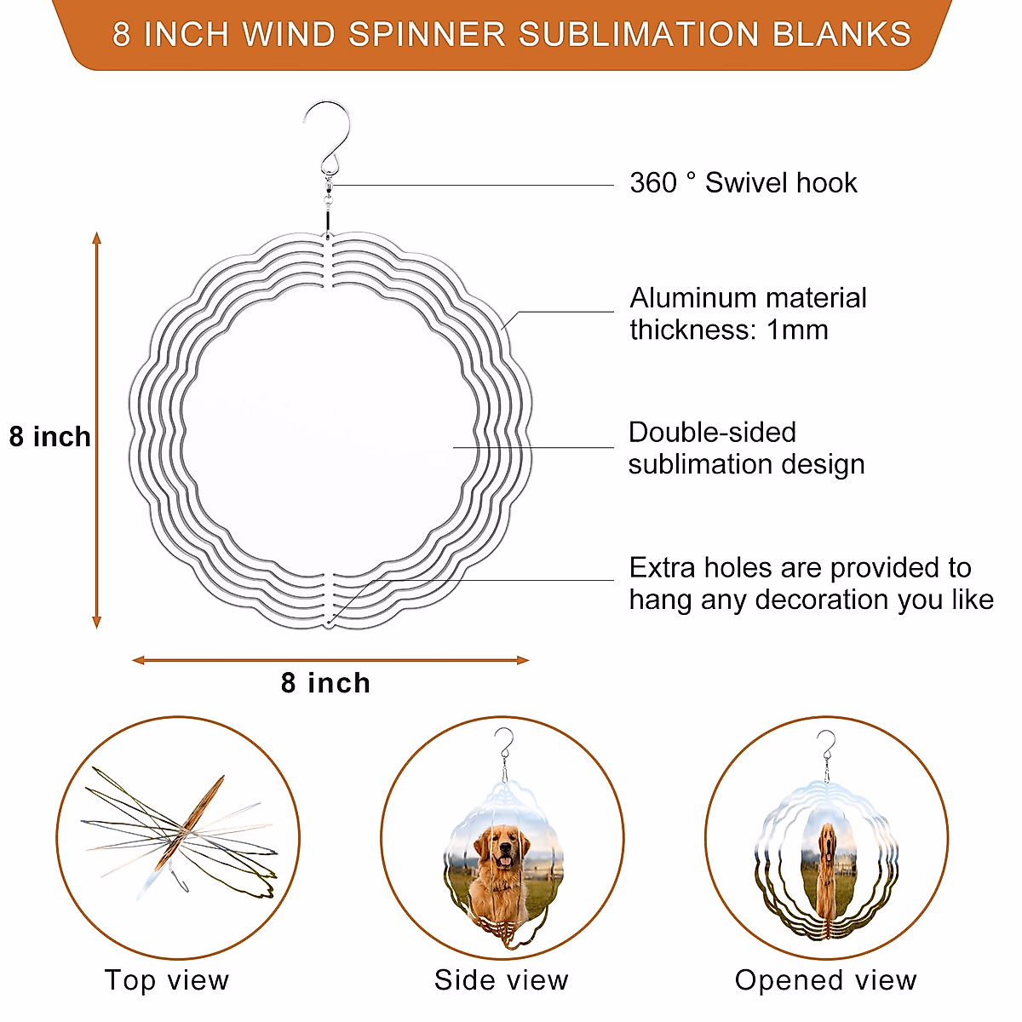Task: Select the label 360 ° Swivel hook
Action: pyautogui.click(x=743, y=183)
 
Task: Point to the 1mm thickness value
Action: pyautogui.click(x=797, y=330)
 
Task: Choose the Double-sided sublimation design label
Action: pyautogui.click(x=746, y=448)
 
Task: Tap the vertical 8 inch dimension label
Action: pyautogui.click(x=49, y=437)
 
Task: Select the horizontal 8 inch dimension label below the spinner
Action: pyautogui.click(x=325, y=683)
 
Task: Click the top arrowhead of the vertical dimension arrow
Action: pyautogui.click(x=97, y=238)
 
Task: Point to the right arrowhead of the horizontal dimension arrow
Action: pyautogui.click(x=522, y=660)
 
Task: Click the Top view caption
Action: pyautogui.click(x=167, y=980)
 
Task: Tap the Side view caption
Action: pyautogui.click(x=501, y=980)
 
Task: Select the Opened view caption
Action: pyautogui.click(x=825, y=980)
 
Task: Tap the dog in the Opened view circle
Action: pyautogui.click(x=825, y=860)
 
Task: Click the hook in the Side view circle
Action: pyautogui.click(x=504, y=747)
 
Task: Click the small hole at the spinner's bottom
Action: pyautogui.click(x=329, y=623)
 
